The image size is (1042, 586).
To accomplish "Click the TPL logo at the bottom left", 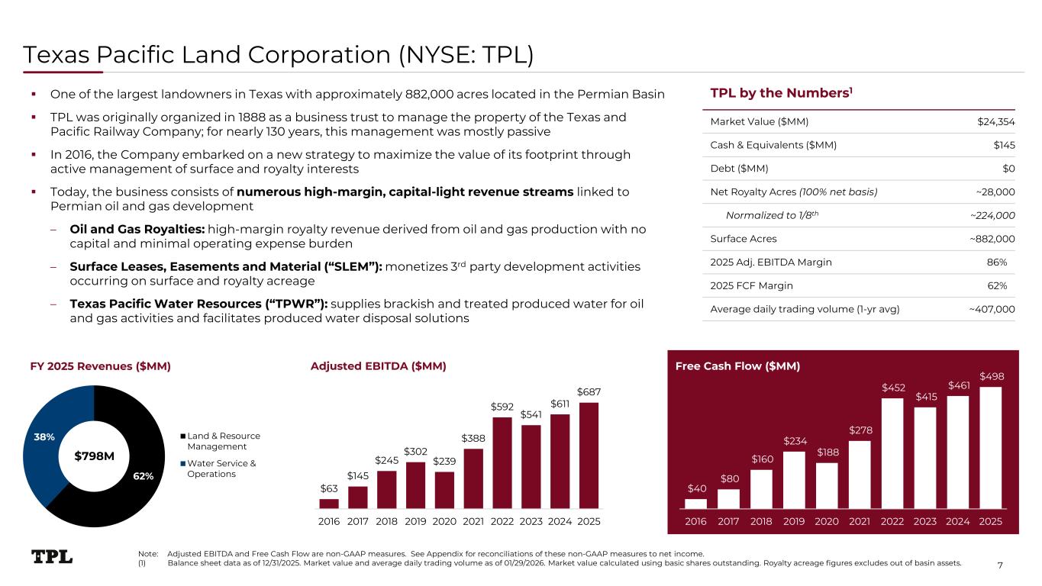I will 52,557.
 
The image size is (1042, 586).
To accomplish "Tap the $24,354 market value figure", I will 996,121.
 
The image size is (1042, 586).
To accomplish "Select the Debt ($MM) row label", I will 739,169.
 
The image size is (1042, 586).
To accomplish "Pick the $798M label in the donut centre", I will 94,456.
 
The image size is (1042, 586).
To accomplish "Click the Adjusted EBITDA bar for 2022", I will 502,462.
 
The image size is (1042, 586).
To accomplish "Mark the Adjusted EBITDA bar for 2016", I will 329,504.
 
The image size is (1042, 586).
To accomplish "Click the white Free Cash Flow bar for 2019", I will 794,479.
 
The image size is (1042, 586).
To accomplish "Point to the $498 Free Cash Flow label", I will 991,376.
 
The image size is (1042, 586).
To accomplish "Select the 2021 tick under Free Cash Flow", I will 859,521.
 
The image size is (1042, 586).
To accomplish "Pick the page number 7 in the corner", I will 1022,565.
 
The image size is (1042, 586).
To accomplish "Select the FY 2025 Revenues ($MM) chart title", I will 100,366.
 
